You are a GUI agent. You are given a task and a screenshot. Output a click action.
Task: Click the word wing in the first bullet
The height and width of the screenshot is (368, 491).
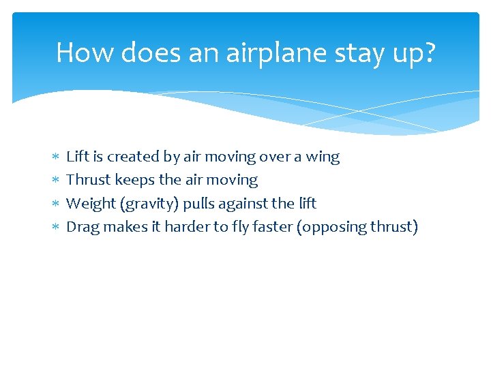click(323, 157)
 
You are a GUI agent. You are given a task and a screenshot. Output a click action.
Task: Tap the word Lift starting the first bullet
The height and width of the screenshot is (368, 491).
click(77, 157)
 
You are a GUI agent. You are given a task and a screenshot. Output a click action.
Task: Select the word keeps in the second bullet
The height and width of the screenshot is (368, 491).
click(135, 181)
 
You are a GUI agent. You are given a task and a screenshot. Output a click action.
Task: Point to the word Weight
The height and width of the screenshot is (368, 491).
click(91, 204)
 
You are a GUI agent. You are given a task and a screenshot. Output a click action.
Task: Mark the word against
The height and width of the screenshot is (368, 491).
click(245, 204)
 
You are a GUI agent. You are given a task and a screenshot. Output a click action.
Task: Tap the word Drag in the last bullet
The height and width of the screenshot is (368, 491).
click(83, 227)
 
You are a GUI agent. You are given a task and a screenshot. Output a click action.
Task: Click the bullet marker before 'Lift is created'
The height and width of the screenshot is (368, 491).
click(55, 157)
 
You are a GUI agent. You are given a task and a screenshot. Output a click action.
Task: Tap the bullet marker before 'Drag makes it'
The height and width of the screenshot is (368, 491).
click(55, 227)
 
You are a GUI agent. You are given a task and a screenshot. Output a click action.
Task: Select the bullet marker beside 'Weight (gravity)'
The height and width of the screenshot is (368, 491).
click(55, 204)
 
